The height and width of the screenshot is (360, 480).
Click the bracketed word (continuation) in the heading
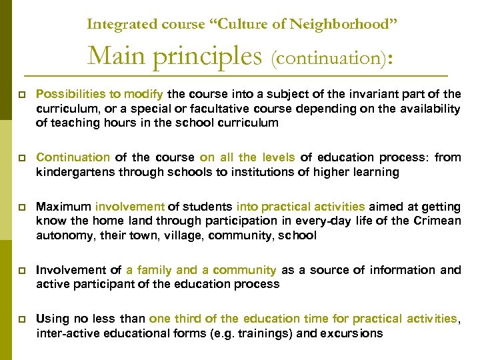pos(325,59)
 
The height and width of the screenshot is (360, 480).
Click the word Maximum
pos(63,207)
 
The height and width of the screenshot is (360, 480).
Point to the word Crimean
pos(438,221)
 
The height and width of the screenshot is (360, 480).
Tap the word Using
pos(51,319)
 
